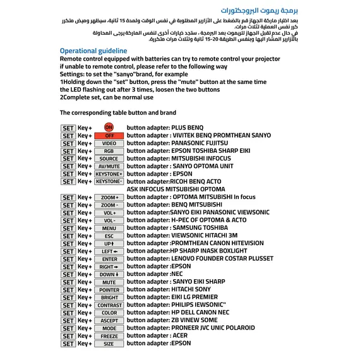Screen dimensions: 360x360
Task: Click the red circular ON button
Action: (x=109, y=128)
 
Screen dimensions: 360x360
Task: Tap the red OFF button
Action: (x=109, y=135)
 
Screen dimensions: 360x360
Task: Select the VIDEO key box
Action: (x=109, y=143)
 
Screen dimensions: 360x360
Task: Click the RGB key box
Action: (x=109, y=151)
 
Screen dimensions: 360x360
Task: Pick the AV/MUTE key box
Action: (x=109, y=166)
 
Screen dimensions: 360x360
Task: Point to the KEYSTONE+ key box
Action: (x=109, y=174)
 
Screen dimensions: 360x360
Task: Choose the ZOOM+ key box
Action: (x=109, y=197)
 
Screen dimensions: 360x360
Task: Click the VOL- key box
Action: (x=109, y=220)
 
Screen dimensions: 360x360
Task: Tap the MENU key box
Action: (x=109, y=228)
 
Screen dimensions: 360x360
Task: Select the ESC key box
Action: (x=109, y=236)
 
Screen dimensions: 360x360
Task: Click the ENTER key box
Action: (x=109, y=259)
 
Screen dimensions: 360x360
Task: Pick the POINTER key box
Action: (x=109, y=289)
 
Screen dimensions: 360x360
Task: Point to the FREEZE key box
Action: (x=109, y=335)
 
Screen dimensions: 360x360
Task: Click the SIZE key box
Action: (x=109, y=344)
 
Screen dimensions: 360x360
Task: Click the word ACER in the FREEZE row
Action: (x=180, y=335)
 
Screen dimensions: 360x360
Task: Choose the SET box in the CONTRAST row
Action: (x=68, y=305)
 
